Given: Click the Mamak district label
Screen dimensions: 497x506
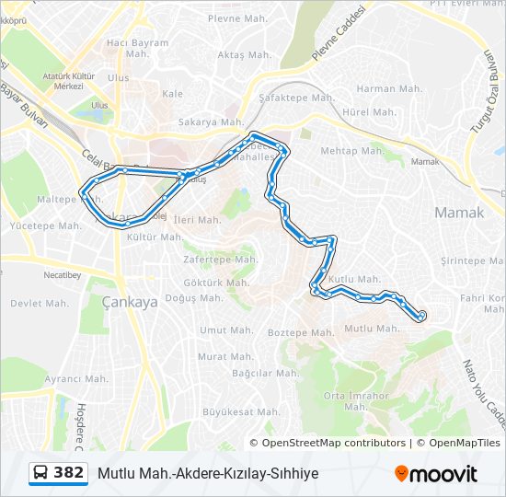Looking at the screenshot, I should (x=458, y=213).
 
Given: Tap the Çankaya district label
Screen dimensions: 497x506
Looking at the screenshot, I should (x=130, y=301).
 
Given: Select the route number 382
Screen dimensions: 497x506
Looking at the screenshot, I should (x=69, y=473).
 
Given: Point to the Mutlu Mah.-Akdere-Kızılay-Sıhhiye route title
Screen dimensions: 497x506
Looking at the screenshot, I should (x=207, y=473).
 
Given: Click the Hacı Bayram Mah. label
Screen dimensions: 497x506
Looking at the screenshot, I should (x=137, y=48).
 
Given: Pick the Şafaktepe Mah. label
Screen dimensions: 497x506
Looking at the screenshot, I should (x=296, y=98).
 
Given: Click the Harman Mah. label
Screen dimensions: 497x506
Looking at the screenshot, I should (x=389, y=89).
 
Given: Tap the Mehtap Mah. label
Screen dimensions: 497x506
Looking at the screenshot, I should (x=352, y=151).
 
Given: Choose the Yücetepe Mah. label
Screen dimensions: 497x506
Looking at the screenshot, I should (x=45, y=225).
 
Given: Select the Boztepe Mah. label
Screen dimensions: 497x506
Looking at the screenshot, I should (x=300, y=332).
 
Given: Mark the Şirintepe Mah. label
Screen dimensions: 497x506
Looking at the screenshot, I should (x=475, y=260).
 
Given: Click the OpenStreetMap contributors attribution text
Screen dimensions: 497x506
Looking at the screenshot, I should (x=333, y=443).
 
